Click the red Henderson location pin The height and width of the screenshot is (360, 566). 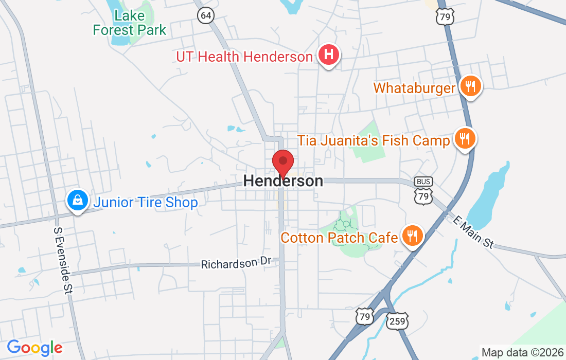[282, 163]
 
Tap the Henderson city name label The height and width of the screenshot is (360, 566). [283, 181]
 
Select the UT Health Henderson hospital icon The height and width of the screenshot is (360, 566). [329, 55]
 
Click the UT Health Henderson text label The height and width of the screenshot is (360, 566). [244, 57]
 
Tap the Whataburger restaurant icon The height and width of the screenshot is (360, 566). [469, 86]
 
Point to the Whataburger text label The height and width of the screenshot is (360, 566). [415, 88]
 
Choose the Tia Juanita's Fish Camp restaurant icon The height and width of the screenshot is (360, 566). [465, 138]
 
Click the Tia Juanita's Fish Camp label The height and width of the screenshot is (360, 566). [374, 140]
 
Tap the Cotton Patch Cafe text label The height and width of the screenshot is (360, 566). [339, 238]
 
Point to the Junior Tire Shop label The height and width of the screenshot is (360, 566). [145, 203]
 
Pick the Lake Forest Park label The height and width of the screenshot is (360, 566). [130, 23]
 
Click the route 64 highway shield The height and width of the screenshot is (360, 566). [205, 15]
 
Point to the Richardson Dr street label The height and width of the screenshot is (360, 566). [236, 264]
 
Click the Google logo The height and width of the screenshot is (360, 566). [34, 348]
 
